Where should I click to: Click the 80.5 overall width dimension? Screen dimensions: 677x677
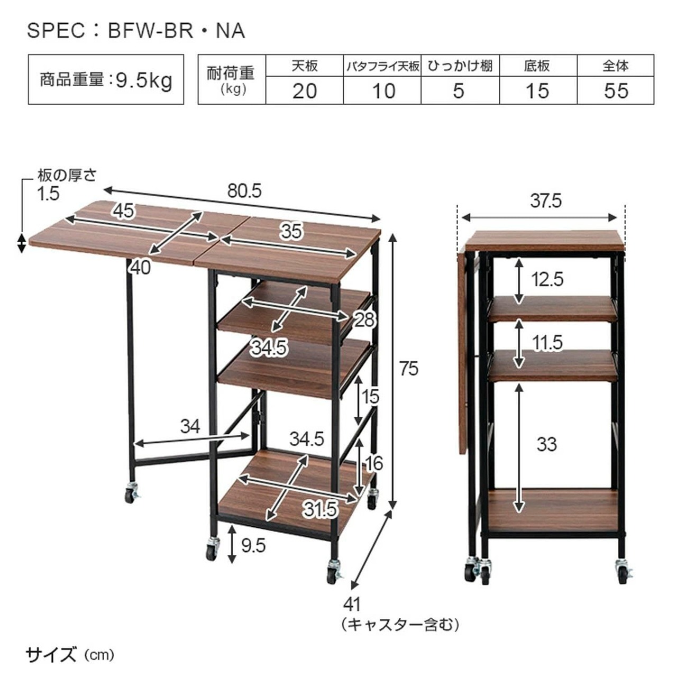tap(244, 191)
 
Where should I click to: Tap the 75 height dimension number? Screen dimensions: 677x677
tap(409, 369)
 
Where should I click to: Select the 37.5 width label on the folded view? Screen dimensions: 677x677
tap(546, 201)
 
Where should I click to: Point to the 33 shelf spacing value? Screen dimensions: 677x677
tap(547, 444)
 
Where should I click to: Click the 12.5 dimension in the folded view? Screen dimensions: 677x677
tap(547, 280)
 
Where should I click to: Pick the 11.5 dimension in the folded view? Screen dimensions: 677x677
tap(547, 343)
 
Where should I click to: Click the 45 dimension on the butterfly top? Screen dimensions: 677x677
tap(124, 211)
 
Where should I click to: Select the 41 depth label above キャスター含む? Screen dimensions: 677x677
tap(352, 605)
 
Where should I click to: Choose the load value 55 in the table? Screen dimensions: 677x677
tap(616, 91)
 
